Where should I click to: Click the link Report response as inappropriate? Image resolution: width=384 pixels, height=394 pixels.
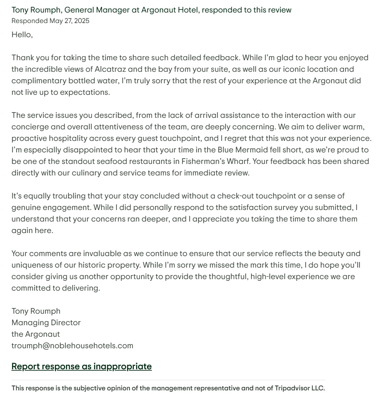(82, 366)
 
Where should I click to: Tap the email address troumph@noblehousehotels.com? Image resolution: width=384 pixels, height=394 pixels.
(72, 346)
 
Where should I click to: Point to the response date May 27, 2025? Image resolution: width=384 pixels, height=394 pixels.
(69, 21)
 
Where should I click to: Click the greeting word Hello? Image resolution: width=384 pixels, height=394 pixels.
(21, 34)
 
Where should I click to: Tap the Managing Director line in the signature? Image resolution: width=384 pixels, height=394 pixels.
(46, 323)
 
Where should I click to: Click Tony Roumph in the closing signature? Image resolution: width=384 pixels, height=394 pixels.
(36, 311)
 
